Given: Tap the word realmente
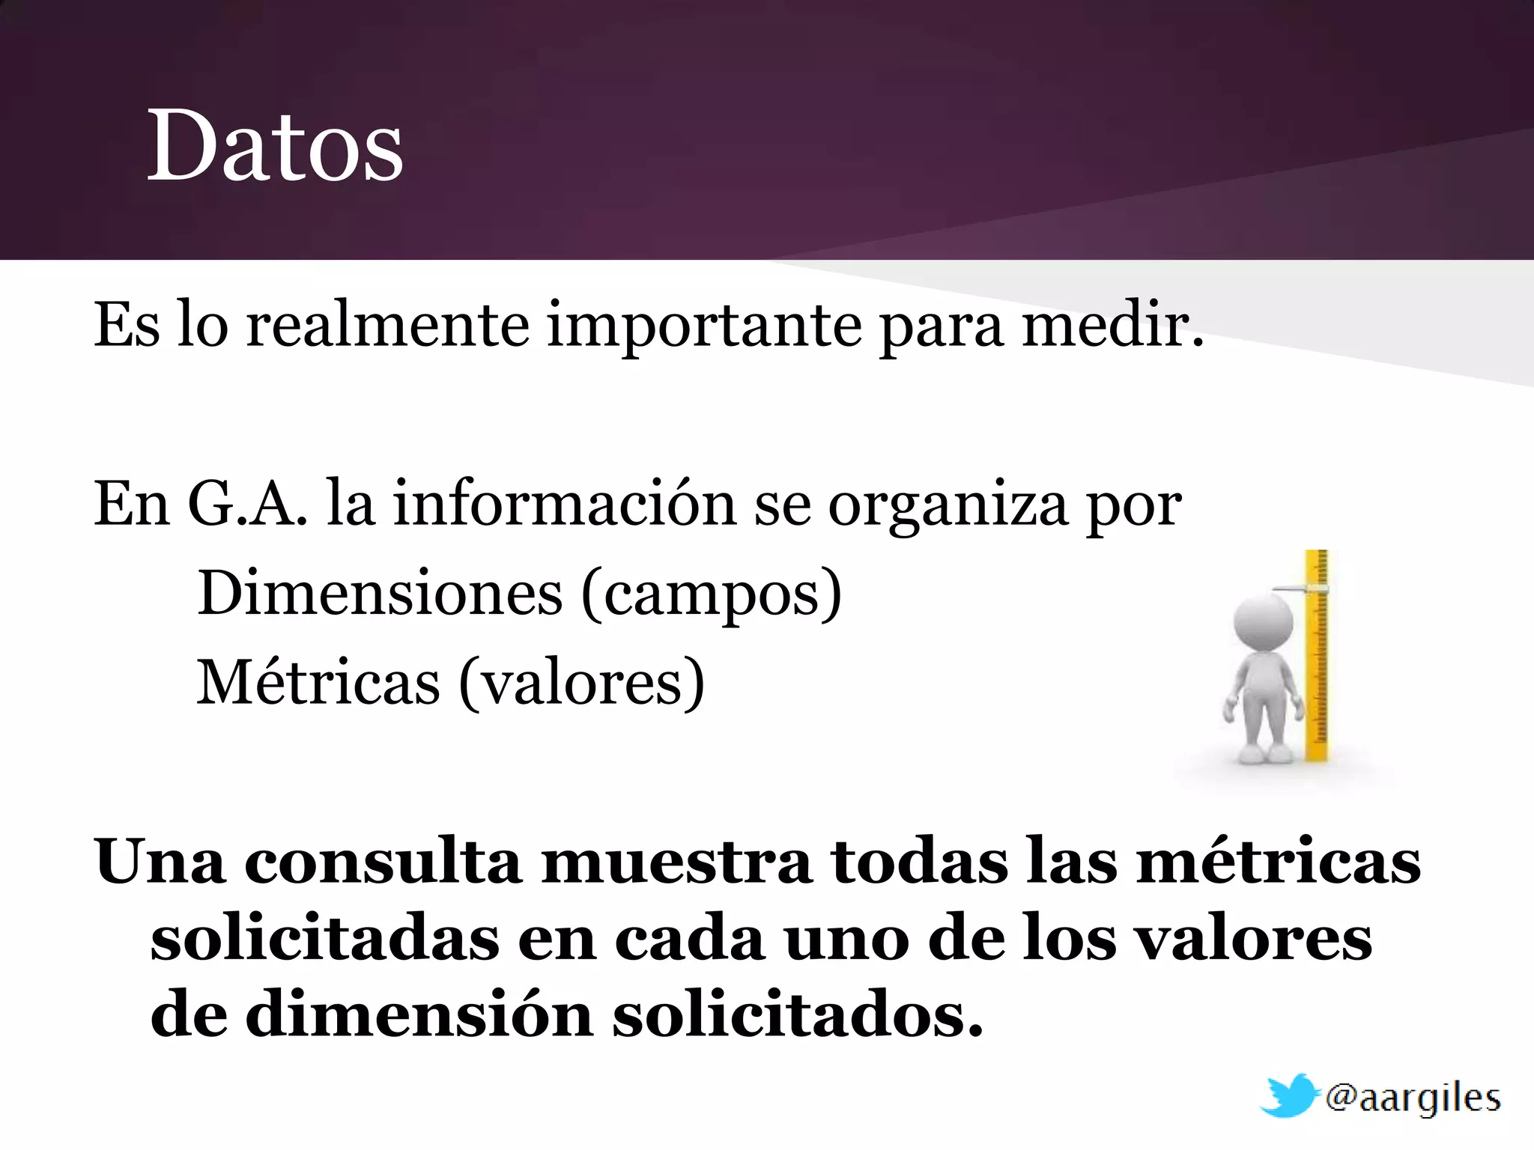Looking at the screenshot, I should (388, 326).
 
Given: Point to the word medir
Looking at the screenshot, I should (1113, 326).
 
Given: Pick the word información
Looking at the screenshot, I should (565, 504).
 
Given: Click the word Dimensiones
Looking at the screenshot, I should (380, 593).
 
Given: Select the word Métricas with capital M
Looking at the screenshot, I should (318, 682).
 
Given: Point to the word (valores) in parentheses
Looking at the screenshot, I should (581, 684).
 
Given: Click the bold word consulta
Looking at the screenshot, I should (383, 862).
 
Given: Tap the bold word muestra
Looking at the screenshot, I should (676, 862).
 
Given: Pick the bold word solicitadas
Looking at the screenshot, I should (324, 940).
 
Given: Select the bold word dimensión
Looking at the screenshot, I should (419, 1017).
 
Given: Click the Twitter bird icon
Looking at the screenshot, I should (1288, 1096).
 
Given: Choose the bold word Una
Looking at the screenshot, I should (160, 862).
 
